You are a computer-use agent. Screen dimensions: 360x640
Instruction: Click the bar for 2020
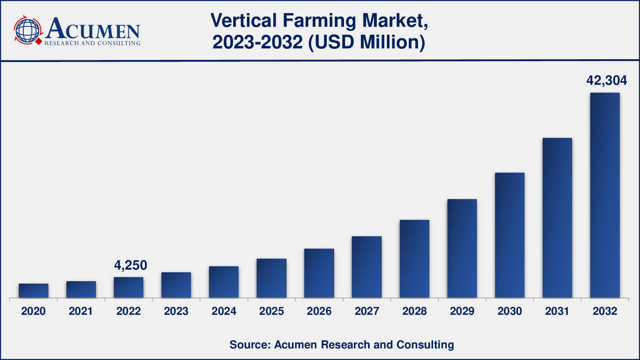[x=34, y=291]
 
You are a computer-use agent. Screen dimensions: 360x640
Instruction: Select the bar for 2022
[x=128, y=288]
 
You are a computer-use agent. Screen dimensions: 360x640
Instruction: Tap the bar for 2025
[x=271, y=278]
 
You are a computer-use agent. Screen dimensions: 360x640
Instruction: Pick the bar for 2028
[x=414, y=259]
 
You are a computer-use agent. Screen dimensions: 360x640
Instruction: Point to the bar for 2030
[x=510, y=235]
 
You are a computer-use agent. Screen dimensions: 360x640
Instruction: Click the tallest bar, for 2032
[x=605, y=195]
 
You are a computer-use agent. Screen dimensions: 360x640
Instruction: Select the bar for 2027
[x=367, y=267]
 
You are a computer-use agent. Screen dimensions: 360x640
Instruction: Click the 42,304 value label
[x=606, y=80]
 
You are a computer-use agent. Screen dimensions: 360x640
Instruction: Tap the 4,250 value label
[x=130, y=265]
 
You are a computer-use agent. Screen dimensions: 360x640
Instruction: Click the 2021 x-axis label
[x=81, y=311]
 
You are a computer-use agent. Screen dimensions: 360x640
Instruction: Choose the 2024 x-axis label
[x=224, y=311]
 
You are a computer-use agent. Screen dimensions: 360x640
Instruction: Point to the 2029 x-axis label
[x=462, y=311]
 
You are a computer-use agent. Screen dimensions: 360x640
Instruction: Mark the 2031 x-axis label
[x=557, y=311]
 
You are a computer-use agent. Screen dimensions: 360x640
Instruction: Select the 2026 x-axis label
[x=319, y=311]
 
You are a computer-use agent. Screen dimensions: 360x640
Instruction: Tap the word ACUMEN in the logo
[x=93, y=29]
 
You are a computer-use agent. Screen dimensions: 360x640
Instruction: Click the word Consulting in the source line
[x=425, y=345]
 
